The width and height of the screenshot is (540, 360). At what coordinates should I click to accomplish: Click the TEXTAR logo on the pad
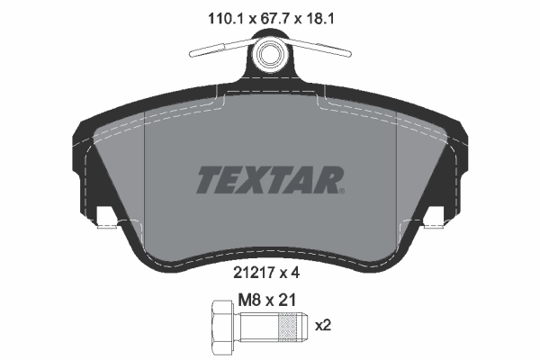click(267, 179)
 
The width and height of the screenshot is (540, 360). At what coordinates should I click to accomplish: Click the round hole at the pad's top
click(268, 53)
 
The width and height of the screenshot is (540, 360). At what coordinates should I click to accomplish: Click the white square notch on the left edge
click(105, 218)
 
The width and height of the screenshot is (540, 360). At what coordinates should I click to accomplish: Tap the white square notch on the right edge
click(435, 218)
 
